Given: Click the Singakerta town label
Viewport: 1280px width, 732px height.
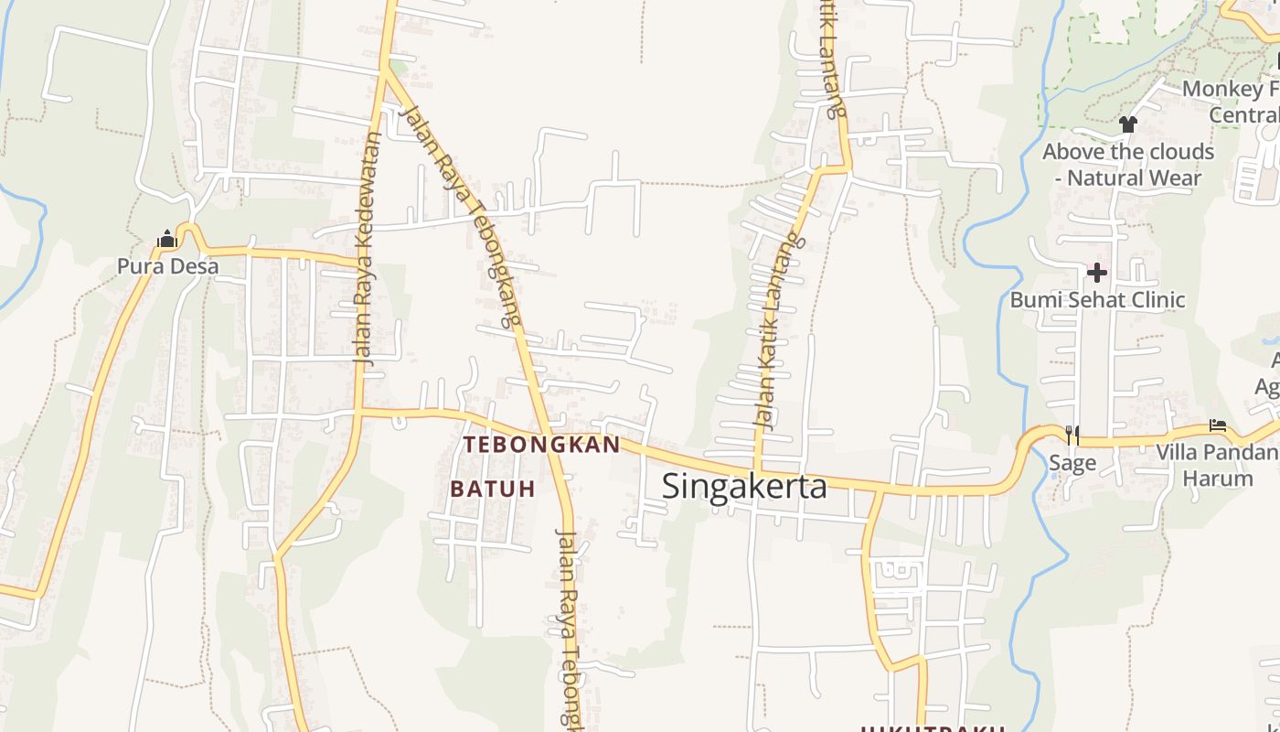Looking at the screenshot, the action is tap(744, 486).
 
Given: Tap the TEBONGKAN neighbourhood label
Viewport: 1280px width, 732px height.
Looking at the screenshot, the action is tap(541, 445).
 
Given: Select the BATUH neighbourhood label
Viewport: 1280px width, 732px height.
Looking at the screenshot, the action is tap(492, 489).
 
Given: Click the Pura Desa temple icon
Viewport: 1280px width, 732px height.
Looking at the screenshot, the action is tap(166, 240).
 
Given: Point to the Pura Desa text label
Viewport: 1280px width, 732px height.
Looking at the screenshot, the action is tap(167, 266).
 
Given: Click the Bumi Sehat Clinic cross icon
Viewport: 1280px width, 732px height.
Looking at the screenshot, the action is tap(1096, 272).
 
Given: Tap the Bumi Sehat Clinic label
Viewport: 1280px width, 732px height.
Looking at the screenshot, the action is tap(1097, 299).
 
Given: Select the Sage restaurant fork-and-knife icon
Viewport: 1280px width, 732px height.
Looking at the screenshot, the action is tap(1072, 435).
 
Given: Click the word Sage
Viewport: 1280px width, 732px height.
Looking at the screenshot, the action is tap(1072, 463).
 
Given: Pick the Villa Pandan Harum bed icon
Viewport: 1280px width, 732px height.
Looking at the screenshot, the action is tap(1217, 425).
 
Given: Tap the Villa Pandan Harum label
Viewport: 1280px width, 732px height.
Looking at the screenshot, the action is tap(1217, 465).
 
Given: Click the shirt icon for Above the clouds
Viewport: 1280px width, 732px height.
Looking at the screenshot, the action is tap(1127, 124).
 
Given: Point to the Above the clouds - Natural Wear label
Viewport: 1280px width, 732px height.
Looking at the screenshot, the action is tap(1128, 165).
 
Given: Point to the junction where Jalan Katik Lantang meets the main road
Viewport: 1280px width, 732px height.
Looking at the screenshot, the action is tap(757, 468).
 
